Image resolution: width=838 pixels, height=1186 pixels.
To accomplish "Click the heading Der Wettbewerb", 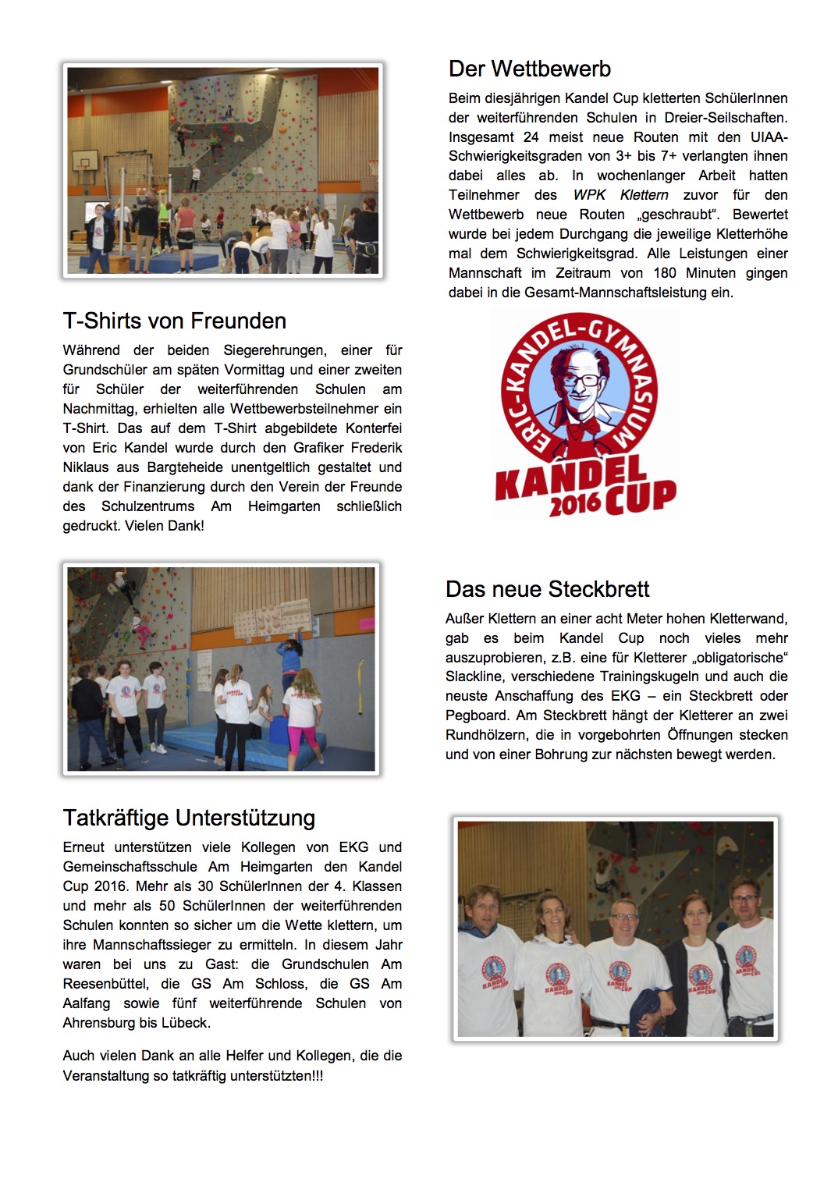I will (x=529, y=69).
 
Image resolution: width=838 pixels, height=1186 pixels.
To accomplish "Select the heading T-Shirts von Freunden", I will (x=174, y=321).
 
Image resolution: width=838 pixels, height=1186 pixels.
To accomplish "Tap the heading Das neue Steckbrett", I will (x=547, y=589).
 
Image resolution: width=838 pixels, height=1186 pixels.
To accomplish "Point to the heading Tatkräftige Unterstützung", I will (x=189, y=818).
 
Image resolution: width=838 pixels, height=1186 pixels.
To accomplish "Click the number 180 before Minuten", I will (x=665, y=273).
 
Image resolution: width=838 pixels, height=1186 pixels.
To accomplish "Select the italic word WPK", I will (x=589, y=195).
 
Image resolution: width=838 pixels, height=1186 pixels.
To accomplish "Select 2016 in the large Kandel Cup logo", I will (x=574, y=505).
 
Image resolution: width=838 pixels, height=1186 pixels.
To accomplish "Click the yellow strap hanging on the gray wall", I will (x=360, y=676).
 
